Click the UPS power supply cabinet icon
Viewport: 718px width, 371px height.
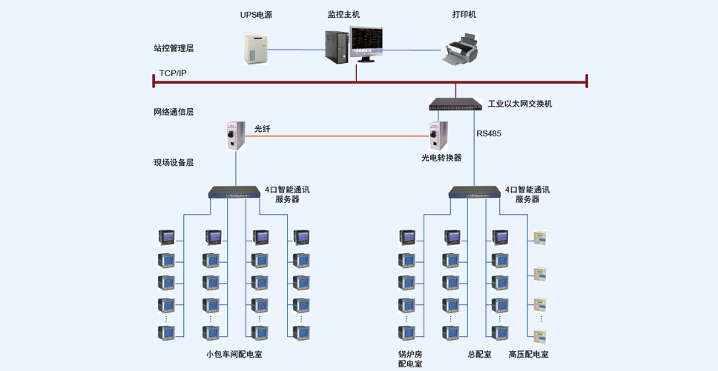click(x=255, y=50)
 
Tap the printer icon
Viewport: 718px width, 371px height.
click(x=460, y=48)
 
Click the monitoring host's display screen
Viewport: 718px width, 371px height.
click(x=366, y=41)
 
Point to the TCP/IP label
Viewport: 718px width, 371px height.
click(x=173, y=73)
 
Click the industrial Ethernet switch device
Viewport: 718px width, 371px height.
click(x=455, y=104)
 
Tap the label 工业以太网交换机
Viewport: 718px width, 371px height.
click(x=520, y=104)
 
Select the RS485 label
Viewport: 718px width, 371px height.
click(x=489, y=134)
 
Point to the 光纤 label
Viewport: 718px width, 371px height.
click(x=263, y=129)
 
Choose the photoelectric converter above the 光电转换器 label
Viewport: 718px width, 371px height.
click(x=438, y=136)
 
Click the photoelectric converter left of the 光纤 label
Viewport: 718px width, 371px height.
click(x=236, y=136)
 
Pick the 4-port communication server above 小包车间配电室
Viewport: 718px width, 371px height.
click(x=234, y=192)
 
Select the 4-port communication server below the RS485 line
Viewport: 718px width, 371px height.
click(x=475, y=192)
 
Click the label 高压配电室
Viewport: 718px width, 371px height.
click(x=528, y=354)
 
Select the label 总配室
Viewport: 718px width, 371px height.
click(x=479, y=354)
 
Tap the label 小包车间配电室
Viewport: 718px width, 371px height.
click(x=234, y=354)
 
